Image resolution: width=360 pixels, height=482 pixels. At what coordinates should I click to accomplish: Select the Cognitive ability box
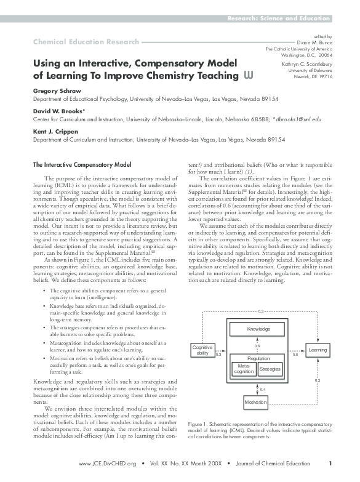[x=202, y=351]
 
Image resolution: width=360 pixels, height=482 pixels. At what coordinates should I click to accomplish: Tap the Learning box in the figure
[x=318, y=350]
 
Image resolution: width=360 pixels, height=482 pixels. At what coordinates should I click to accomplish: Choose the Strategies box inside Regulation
[x=270, y=368]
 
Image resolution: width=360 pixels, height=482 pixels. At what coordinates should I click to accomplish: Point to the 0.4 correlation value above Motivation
[x=263, y=390]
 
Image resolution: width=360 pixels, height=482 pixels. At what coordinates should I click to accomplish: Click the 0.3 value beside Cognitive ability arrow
[x=218, y=355]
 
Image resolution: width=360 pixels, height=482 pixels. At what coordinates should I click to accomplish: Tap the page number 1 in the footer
[x=330, y=464]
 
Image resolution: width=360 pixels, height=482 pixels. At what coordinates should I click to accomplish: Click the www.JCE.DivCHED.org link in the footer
[x=108, y=464]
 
